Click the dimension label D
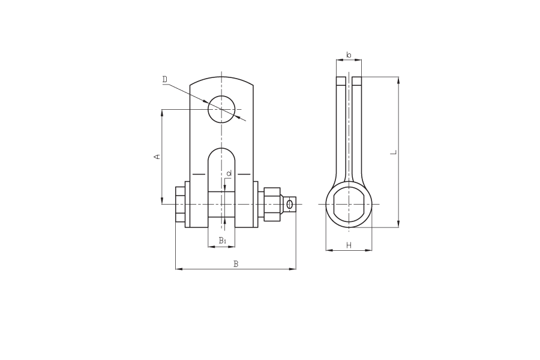click(165, 79)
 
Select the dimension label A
click(157, 157)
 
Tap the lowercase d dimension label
click(229, 173)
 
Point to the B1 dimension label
click(223, 241)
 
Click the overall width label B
click(236, 264)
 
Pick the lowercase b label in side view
click(349, 55)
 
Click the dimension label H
click(349, 245)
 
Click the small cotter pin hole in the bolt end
click(290, 204)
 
